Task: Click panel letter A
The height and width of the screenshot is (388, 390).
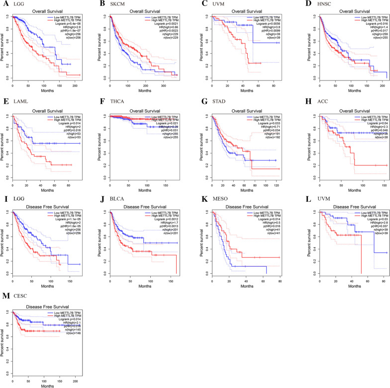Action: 4,4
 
